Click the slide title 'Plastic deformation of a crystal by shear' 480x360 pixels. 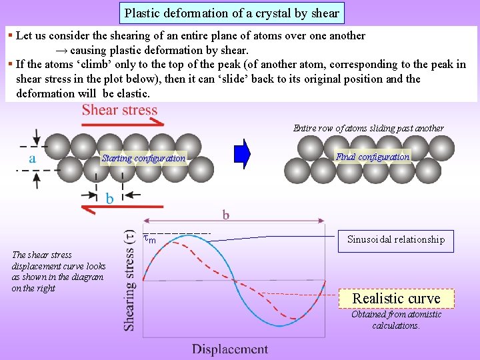point(232,13)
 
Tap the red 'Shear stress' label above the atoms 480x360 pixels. point(120,111)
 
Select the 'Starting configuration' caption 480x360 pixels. point(143,158)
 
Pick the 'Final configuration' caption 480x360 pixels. point(373,157)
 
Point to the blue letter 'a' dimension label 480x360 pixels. point(32,159)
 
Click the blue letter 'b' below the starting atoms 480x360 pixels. point(110,198)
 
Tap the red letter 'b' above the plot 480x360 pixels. point(226,215)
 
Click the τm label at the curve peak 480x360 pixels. point(150,237)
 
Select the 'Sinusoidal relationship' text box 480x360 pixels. point(396,239)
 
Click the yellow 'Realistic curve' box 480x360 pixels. point(396,298)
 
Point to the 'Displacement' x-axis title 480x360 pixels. point(230,349)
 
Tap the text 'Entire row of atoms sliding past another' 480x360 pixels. point(369,128)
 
